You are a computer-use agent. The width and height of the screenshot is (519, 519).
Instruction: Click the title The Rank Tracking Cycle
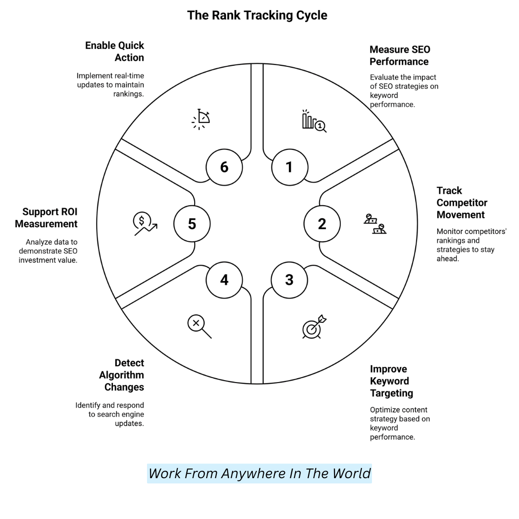pyautogui.click(x=257, y=15)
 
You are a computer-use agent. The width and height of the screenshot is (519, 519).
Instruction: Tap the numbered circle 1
pyautogui.click(x=289, y=167)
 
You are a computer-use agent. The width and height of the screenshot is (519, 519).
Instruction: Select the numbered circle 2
pyautogui.click(x=322, y=223)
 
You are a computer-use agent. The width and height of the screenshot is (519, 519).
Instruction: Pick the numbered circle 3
pyautogui.click(x=289, y=280)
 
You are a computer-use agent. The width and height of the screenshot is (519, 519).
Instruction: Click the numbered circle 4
pyautogui.click(x=224, y=280)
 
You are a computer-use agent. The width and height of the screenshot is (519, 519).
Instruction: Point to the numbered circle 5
pyautogui.click(x=192, y=223)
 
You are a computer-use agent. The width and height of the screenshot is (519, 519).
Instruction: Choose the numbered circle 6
pyautogui.click(x=224, y=167)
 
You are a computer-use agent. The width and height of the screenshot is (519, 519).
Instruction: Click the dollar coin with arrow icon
pyautogui.click(x=145, y=224)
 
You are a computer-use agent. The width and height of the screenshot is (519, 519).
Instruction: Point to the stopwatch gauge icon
pyautogui.click(x=201, y=119)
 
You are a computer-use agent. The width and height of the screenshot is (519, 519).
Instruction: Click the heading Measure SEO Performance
pyautogui.click(x=399, y=55)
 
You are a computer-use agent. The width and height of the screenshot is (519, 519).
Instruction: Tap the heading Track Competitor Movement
pyautogui.click(x=461, y=202)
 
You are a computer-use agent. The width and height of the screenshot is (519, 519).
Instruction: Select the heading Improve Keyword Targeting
pyautogui.click(x=391, y=381)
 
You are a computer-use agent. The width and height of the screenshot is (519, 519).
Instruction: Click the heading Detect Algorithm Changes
pyautogui.click(x=122, y=375)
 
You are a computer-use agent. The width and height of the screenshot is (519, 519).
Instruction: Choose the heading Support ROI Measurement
pyautogui.click(x=46, y=218)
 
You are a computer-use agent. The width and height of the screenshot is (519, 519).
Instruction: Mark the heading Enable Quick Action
pyautogui.click(x=115, y=51)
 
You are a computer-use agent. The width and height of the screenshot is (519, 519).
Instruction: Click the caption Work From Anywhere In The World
pyautogui.click(x=259, y=473)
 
